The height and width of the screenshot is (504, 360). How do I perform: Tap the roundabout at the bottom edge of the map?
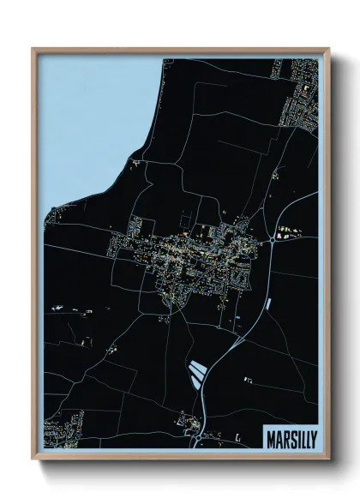[199, 436]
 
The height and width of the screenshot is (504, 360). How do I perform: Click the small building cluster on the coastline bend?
[135, 161]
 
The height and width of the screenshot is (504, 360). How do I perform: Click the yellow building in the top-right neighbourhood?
[305, 88]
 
